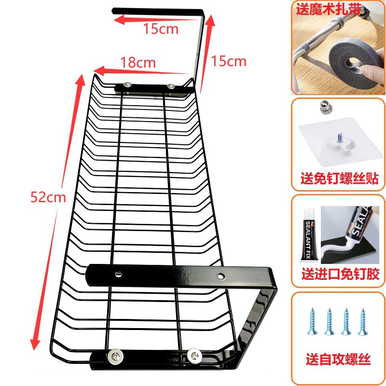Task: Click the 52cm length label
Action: [x=47, y=197]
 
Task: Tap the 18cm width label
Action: [x=138, y=62]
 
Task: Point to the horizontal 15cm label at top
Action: [x=161, y=29]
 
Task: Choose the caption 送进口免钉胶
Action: [x=339, y=275]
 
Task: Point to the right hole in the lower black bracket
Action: [x=221, y=276]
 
